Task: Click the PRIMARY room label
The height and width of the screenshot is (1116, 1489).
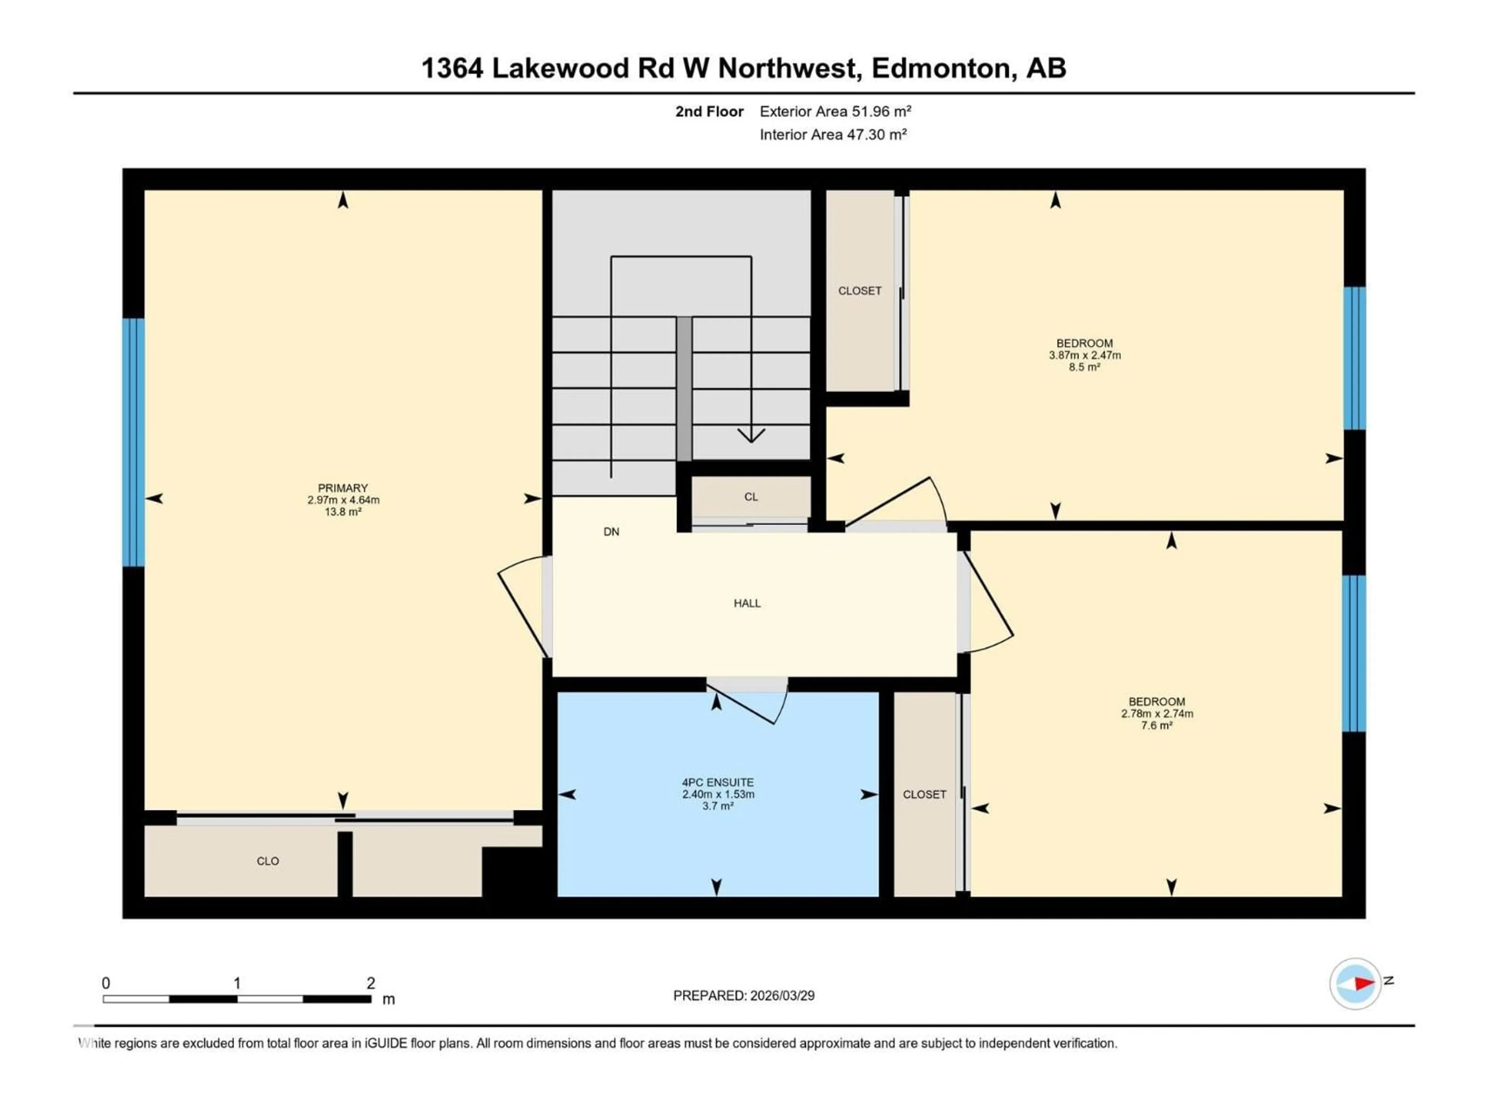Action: pos(343,488)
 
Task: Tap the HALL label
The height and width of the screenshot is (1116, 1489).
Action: pos(746,603)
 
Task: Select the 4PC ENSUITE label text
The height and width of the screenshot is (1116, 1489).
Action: pos(718,782)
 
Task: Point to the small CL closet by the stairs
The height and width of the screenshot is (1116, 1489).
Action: pos(751,497)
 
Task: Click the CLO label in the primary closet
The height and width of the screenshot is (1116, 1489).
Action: pos(267,861)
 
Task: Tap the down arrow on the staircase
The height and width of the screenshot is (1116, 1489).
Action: pos(751,435)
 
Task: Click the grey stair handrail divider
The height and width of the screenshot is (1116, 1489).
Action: pos(684,388)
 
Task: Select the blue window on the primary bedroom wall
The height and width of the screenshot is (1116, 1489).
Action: pos(133,442)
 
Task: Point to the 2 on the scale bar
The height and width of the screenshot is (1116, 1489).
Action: pos(370,983)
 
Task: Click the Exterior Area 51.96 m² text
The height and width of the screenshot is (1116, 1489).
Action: pos(835,112)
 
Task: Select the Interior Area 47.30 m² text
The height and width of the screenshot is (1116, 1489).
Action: pos(833,134)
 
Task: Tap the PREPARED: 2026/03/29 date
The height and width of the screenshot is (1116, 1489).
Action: pos(743,995)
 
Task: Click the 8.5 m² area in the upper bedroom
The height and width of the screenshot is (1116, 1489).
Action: pos(1084,367)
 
